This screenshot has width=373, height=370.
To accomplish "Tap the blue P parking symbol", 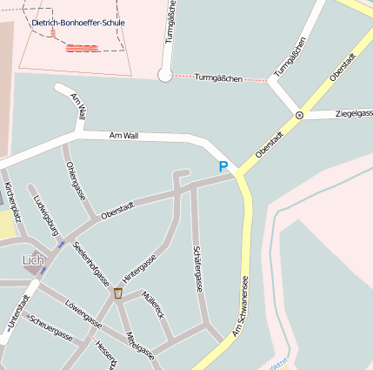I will point(223,166).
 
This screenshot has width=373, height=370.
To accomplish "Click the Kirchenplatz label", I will point(10,203).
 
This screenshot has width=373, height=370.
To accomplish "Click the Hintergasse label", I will point(139,269).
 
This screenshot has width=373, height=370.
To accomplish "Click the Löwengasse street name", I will point(83,314).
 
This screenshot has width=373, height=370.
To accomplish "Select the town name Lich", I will point(33,260).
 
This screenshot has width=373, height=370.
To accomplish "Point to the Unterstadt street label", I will point(17,312).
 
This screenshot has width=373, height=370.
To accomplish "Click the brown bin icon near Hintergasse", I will point(118,293).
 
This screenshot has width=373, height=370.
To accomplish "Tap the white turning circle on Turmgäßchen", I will point(164,76).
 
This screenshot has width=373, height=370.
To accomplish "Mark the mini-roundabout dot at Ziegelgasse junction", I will point(299,115).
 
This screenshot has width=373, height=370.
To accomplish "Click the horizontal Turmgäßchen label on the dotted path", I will point(217,78).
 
